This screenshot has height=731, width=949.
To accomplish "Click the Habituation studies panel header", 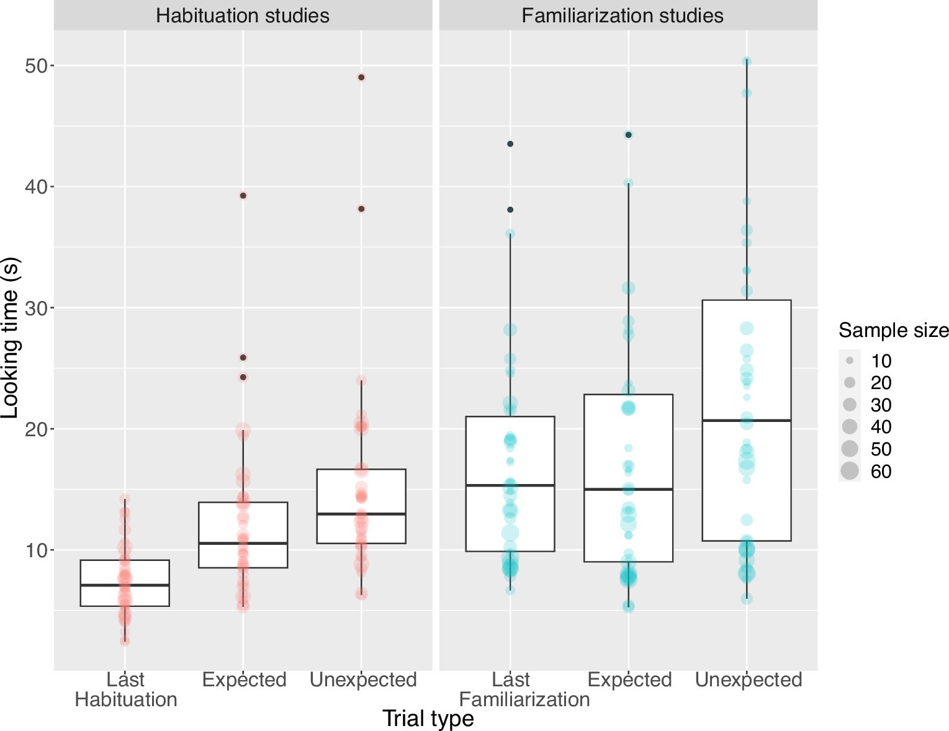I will pyautogui.click(x=243, y=15).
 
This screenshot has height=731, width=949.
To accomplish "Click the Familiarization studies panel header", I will pyautogui.click(x=622, y=15).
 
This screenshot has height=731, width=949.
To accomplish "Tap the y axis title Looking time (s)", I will pyautogui.click(x=11, y=338).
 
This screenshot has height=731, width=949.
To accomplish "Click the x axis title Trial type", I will pyautogui.click(x=428, y=718).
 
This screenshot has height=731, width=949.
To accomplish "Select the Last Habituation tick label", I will pyautogui.click(x=125, y=689).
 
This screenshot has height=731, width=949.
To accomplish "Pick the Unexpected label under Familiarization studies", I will pyautogui.click(x=748, y=679).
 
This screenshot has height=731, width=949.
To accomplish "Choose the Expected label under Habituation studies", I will pyautogui.click(x=244, y=679).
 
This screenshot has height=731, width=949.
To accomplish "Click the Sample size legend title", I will pyautogui.click(x=893, y=330).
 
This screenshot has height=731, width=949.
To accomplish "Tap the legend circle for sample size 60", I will pyautogui.click(x=850, y=471).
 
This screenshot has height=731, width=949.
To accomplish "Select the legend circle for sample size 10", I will pyautogui.click(x=850, y=361).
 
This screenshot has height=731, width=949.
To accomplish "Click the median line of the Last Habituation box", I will pyautogui.click(x=125, y=585).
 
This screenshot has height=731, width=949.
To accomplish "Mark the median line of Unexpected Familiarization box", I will pyautogui.click(x=746, y=421).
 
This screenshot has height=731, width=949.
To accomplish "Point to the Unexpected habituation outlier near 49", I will pyautogui.click(x=361, y=78).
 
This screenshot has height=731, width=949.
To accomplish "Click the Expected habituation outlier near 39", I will pyautogui.click(x=243, y=195).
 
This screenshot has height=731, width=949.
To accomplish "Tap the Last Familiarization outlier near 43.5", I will pyautogui.click(x=510, y=144).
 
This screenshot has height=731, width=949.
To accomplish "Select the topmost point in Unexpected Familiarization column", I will pyautogui.click(x=747, y=61).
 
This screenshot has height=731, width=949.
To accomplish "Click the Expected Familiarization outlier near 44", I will pyautogui.click(x=628, y=135).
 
